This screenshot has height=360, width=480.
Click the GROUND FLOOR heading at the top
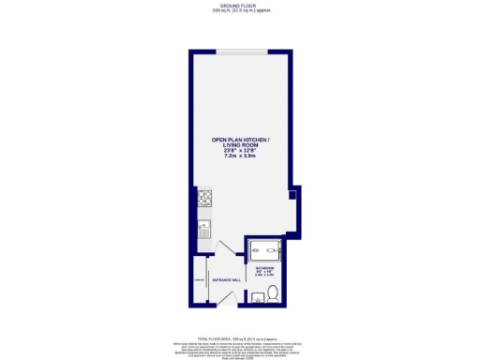point(239,5)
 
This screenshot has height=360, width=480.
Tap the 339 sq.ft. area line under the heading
point(239,10)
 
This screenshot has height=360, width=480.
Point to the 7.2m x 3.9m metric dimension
point(240,156)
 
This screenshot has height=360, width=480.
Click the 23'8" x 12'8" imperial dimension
point(240,150)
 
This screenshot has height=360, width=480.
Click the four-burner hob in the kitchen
point(203,199)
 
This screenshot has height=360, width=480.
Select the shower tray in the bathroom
point(265,250)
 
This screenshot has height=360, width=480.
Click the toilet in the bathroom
point(273,294)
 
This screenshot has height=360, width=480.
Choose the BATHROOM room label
point(263,267)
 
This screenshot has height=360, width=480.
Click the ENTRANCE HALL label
point(227,280)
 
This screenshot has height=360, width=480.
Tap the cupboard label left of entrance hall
point(199,280)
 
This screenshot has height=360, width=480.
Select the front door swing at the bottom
point(228,298)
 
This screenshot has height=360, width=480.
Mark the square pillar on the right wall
point(292,196)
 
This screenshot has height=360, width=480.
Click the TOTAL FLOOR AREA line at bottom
point(240,337)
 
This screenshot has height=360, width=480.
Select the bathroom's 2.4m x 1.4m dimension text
point(263,276)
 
